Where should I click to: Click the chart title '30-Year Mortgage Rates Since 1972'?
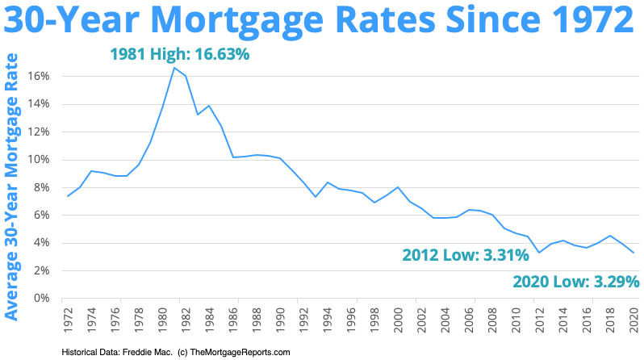[x=322, y=21]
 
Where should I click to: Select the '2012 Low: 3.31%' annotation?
[x=466, y=256]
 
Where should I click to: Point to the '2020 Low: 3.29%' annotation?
[x=576, y=282]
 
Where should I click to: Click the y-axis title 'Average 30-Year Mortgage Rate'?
[x=12, y=186]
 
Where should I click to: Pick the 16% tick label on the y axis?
[x=40, y=76]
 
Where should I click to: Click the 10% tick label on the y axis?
[x=40, y=159]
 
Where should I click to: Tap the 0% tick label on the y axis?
[x=43, y=298]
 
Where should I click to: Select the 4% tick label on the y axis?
[x=43, y=242]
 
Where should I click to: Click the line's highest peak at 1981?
[x=174, y=67]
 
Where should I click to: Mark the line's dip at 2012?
[x=539, y=253]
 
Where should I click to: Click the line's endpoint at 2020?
[x=634, y=253]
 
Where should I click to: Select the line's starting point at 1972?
[x=67, y=196]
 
